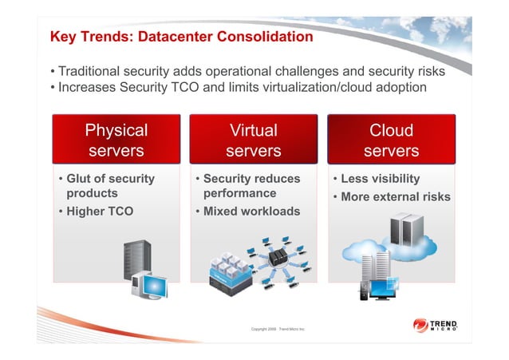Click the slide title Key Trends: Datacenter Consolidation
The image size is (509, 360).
182,37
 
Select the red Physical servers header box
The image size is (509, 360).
116,140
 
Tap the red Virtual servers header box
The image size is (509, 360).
254,140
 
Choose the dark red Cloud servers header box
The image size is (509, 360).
391,140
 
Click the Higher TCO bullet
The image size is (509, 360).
99,212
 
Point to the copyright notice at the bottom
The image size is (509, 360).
278,329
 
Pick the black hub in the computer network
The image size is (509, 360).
278,257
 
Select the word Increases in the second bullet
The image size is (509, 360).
91,87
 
